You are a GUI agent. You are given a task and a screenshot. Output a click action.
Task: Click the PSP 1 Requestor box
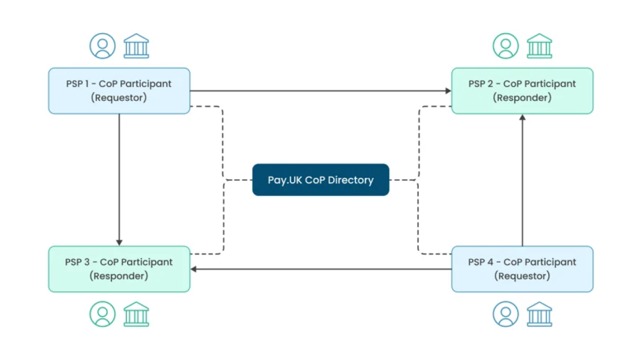pos(119,91)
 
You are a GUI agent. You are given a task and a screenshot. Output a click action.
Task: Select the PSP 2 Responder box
pos(522,91)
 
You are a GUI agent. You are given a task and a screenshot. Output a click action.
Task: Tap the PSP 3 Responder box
pos(119,269)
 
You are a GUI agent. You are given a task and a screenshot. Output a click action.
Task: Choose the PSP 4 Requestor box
pos(522,269)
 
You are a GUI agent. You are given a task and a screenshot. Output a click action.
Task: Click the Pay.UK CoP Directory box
pos(320,180)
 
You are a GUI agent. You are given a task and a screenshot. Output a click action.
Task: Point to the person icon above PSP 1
pos(102,46)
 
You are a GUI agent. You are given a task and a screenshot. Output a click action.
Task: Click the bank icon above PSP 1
pos(136,46)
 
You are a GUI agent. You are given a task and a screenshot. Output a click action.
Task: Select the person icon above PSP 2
pos(505,46)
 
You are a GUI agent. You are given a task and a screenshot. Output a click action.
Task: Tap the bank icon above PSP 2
pos(539,46)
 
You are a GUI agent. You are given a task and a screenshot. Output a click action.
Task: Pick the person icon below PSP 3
pos(102,314)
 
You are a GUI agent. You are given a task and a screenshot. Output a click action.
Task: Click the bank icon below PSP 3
pos(136,314)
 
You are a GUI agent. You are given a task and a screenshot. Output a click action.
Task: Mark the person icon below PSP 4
pos(505,314)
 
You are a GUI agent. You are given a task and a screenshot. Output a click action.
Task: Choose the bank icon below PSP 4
pos(539,314)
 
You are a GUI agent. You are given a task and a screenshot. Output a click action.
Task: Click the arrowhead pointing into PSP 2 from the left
pos(448,91)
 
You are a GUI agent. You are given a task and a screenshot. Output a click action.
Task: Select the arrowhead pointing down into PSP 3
pos(119,242)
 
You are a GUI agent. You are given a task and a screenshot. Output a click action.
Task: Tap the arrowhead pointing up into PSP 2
pos(522,118)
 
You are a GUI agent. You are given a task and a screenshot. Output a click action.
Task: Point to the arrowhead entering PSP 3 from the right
pos(193,269)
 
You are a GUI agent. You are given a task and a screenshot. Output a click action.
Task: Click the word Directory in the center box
pos(351,180)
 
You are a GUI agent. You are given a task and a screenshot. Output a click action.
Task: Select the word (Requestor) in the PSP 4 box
pos(522,276)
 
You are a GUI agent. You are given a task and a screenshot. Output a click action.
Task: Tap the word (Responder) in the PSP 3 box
pos(119,276)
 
